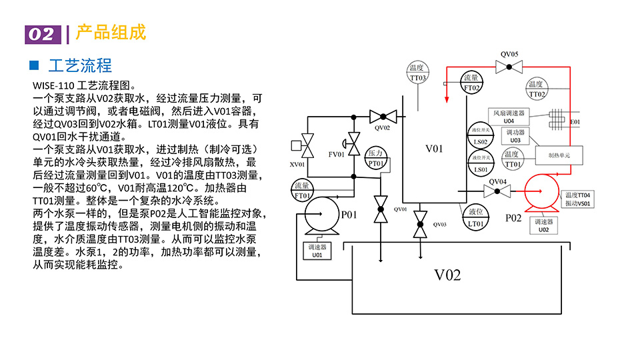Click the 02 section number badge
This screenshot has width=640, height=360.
point(41,34)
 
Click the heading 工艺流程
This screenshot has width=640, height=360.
point(80,65)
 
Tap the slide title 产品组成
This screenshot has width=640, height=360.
point(111,33)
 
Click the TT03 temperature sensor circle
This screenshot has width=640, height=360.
point(418,73)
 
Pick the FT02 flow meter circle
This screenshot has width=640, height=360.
point(472,83)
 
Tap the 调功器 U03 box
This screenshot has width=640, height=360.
point(515,136)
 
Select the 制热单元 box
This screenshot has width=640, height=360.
point(558,155)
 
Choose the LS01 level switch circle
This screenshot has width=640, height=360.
point(480,165)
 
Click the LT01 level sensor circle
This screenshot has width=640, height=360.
point(475,219)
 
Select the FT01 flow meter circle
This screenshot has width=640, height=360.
point(303,191)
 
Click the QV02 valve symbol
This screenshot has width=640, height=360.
point(383,117)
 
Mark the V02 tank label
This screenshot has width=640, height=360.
point(448,275)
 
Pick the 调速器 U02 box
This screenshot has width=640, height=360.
point(543,225)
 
